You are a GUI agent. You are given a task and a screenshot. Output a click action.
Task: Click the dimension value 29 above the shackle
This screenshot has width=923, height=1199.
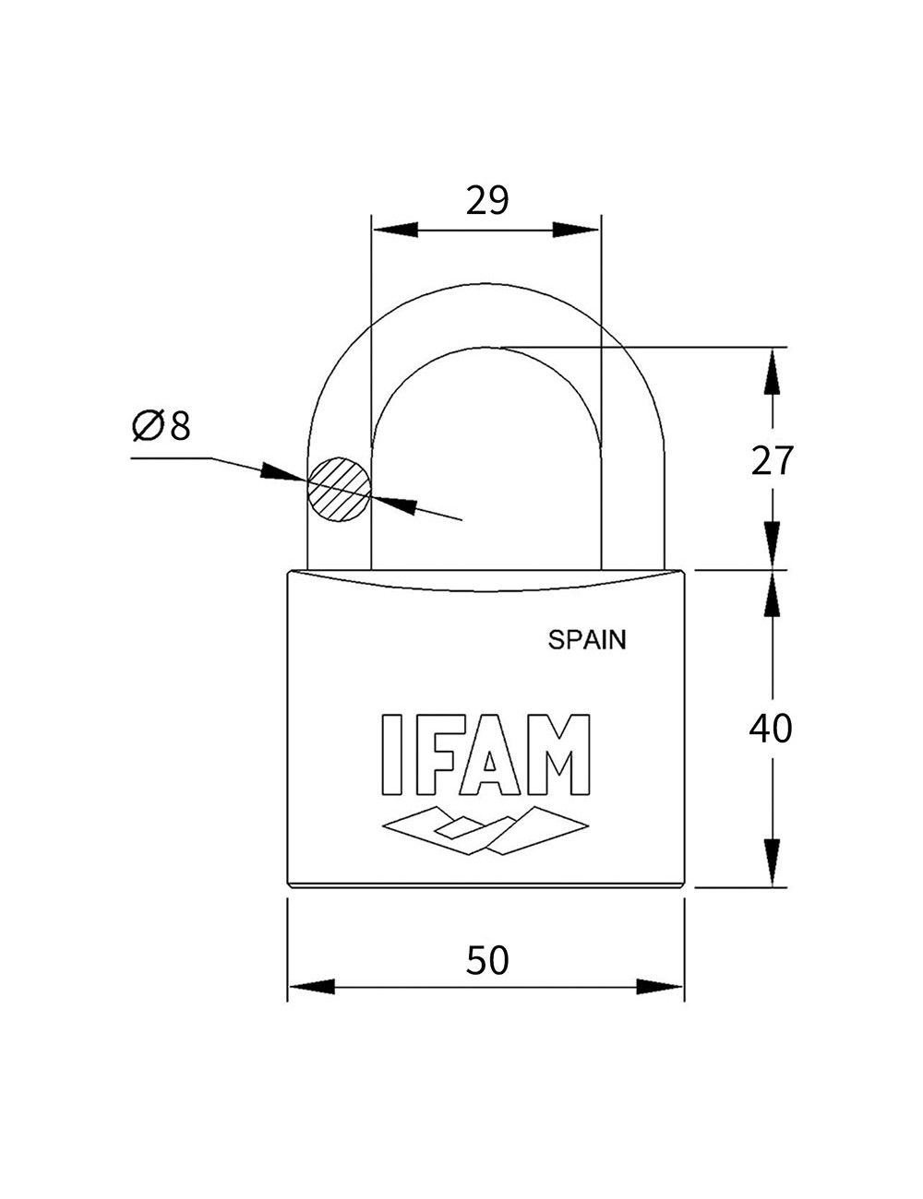tap(486, 199)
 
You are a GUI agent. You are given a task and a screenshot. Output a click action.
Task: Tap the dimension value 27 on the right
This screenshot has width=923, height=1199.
tap(771, 460)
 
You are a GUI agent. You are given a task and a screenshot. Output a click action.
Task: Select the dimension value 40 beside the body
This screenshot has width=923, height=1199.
tap(770, 729)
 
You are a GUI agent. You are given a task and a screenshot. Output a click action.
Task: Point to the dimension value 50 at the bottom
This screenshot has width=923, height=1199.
tap(486, 960)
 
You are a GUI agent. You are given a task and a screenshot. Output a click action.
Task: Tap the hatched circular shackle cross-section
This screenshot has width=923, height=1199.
tap(339, 489)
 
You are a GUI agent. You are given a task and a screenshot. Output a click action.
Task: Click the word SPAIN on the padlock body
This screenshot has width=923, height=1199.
tap(586, 639)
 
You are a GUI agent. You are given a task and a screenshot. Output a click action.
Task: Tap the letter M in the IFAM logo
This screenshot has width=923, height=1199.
tap(556, 754)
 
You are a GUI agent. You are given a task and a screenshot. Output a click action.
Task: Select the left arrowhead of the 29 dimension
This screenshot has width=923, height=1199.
tap(392, 229)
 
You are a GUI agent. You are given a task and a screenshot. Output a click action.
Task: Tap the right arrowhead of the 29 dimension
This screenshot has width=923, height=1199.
tap(578, 229)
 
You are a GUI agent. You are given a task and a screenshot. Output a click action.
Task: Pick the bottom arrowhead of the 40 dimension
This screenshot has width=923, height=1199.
tap(773, 863)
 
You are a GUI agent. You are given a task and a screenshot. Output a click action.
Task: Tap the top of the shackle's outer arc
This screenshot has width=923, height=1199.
tap(486, 283)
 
